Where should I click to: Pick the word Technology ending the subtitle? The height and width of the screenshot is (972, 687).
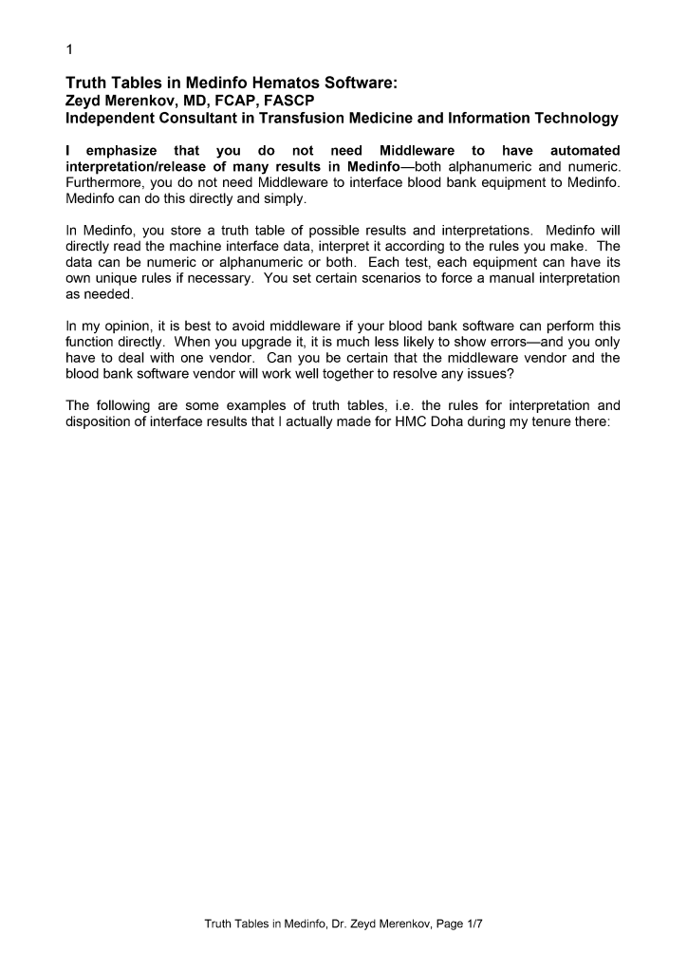coord(570,119)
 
